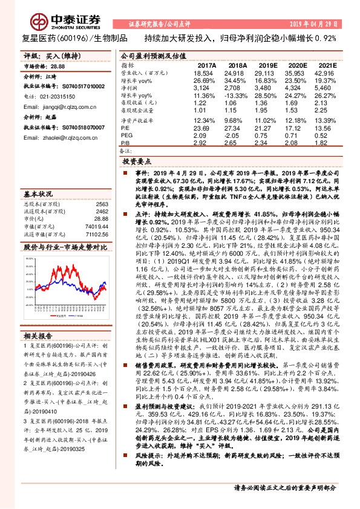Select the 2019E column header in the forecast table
coord(267,65)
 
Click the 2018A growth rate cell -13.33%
coord(237,96)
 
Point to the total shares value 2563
coord(102,204)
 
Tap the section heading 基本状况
coord(37,194)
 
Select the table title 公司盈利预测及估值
coord(149,55)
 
